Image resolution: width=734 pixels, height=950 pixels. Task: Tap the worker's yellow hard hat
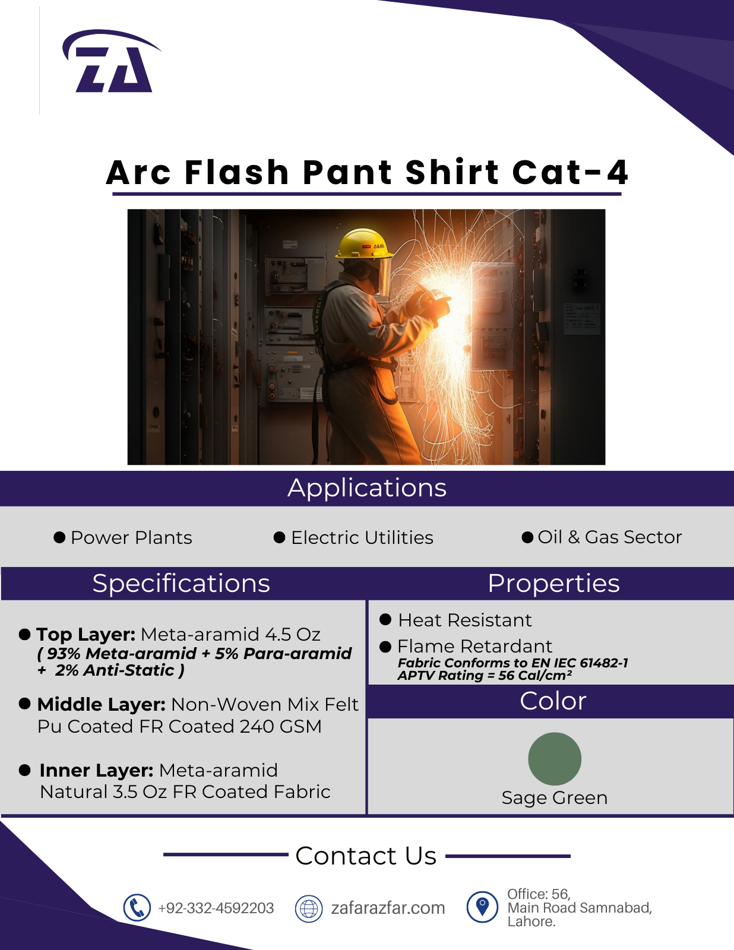363,243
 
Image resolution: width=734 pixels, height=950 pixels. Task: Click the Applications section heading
367,488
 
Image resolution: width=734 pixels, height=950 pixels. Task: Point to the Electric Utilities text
362,537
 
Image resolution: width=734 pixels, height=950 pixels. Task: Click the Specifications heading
181,583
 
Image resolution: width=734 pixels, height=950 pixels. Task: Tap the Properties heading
553,583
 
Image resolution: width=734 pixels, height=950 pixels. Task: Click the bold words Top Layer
86,634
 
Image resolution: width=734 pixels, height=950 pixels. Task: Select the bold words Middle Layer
102,704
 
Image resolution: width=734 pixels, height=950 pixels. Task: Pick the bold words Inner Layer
97,770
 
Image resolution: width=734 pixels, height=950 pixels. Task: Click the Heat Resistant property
465,620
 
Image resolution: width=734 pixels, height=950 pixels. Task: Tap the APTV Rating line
485,676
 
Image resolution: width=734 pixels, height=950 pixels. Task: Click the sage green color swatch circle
554,758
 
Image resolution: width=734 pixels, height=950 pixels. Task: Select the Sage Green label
554,798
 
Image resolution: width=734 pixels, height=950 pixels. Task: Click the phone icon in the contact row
137,908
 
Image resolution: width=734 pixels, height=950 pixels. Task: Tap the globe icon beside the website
309,908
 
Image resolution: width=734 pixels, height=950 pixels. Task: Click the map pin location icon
482,907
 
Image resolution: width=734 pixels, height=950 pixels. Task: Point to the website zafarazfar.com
388,908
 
